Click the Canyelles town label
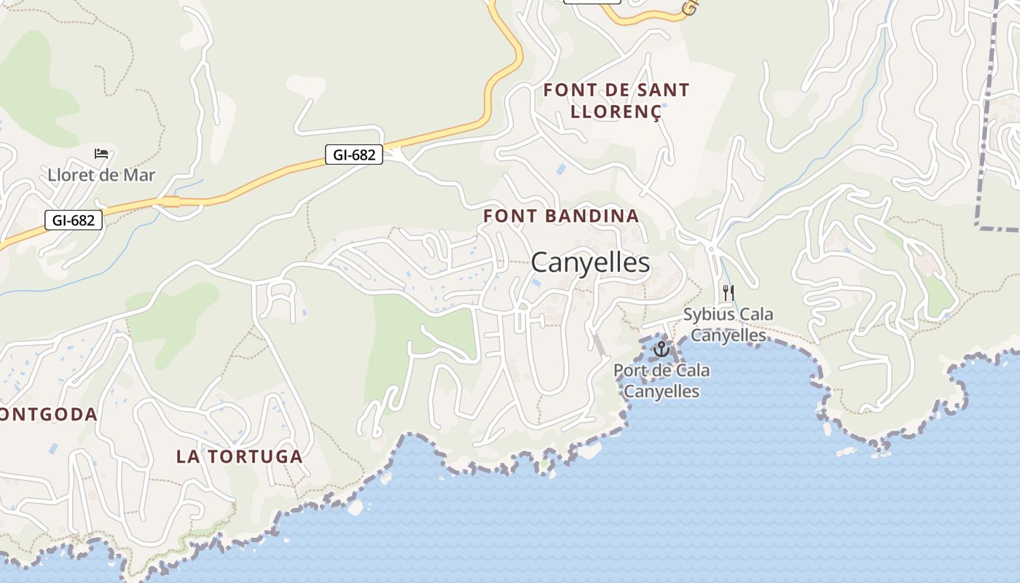coord(590,262)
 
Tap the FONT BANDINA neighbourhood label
coord(561,216)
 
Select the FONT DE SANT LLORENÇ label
coord(616,101)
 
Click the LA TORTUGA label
coord(239,457)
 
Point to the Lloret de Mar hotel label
coord(101,175)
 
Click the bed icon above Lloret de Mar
coord(101,154)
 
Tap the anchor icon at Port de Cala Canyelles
coord(661,349)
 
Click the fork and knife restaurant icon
coord(728,293)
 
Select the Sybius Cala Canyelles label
coord(728,325)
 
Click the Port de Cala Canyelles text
coord(662,380)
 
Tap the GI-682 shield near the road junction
coord(353,154)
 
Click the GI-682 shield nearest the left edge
coord(74,220)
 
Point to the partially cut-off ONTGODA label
coord(48,415)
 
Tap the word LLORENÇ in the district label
coord(616,111)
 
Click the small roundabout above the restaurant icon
coord(710,249)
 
